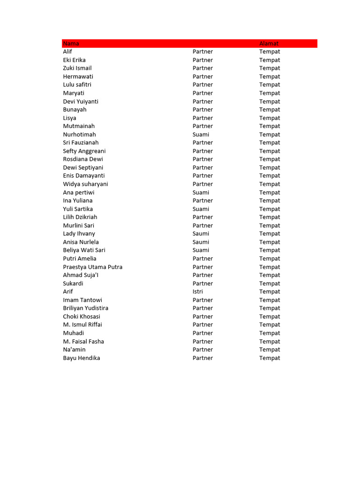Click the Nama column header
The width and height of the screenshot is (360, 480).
tap(71, 44)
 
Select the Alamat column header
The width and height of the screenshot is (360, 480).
tap(269, 44)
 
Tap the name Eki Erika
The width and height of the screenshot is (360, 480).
tap(74, 60)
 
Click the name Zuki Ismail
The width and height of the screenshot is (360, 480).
tap(77, 68)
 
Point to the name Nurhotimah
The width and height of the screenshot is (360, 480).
tap(79, 135)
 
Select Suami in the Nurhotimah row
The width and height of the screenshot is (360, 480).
tap(201, 135)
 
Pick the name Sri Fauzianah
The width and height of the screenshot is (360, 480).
tap(81, 142)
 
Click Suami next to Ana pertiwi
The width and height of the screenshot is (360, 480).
tap(201, 192)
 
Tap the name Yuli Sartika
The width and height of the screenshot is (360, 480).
tap(78, 209)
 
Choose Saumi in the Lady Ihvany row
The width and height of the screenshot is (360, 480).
tap(201, 233)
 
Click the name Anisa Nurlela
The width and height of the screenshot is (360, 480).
tap(81, 242)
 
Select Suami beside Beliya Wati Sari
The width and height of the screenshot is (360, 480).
tap(201, 250)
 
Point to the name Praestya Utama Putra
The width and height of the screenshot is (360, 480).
tap(93, 267)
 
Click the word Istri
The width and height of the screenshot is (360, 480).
tap(197, 292)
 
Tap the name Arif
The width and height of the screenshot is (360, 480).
tap(68, 292)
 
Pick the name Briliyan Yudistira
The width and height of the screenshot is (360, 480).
tap(86, 308)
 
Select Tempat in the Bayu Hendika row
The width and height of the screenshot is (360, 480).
tap(270, 358)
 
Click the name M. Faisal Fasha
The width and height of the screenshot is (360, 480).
tap(83, 341)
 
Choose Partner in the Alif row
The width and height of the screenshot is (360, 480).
tap(202, 52)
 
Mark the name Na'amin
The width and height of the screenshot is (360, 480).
tap(74, 350)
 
